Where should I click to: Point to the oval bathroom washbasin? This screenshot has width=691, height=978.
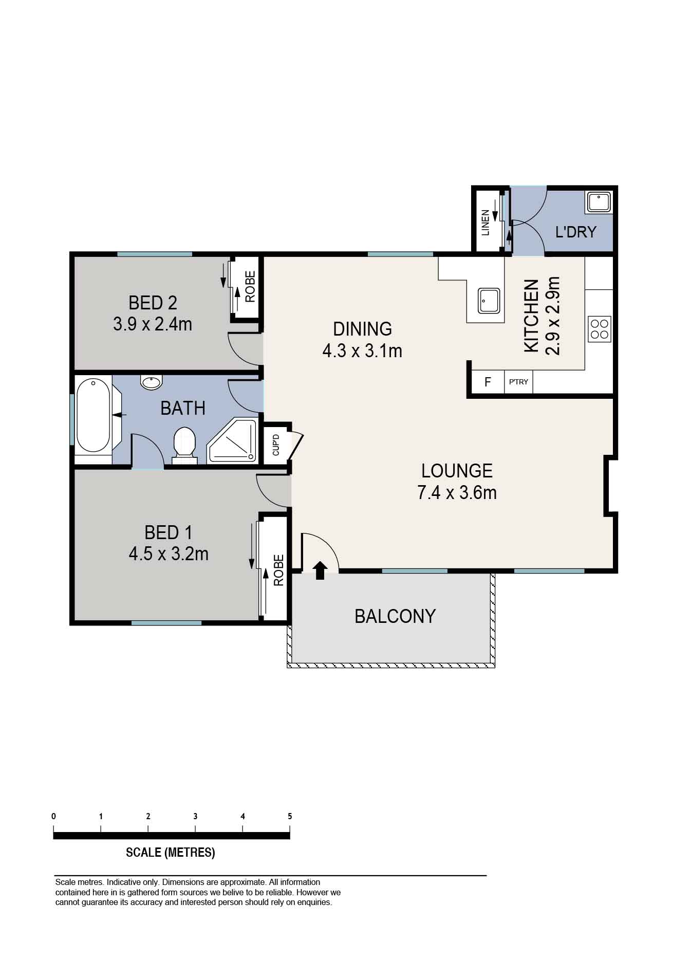(x=151, y=382)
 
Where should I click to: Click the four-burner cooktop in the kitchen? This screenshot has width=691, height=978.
(x=600, y=329)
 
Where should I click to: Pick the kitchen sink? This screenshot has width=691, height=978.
(x=489, y=301)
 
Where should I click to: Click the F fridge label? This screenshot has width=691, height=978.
(x=488, y=382)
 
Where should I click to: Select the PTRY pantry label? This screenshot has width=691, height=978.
(x=518, y=382)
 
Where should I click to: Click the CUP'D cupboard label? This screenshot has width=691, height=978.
(x=276, y=445)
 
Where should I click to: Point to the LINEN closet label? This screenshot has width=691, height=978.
(x=485, y=223)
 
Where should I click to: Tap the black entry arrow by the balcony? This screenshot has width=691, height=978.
(x=320, y=570)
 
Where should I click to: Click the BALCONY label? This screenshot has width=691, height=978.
(x=395, y=616)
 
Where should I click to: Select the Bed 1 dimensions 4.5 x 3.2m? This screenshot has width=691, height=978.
(x=169, y=554)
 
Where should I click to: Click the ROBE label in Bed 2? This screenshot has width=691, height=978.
(x=250, y=287)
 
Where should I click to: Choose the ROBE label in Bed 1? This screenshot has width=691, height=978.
(x=278, y=570)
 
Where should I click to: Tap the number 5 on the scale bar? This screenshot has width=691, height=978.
(x=290, y=816)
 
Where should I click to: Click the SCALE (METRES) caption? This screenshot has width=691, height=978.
(x=171, y=853)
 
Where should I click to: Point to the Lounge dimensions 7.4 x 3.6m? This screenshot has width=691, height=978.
(x=457, y=492)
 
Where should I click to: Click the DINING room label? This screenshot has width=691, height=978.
(x=362, y=329)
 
